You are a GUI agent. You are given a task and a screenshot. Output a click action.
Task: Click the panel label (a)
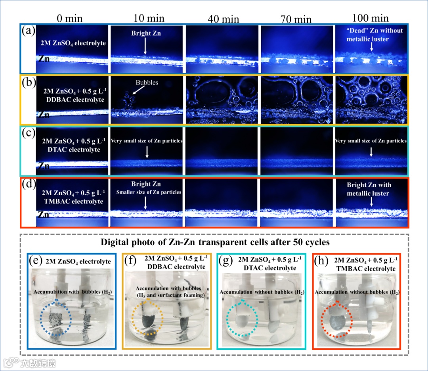pos(29,31)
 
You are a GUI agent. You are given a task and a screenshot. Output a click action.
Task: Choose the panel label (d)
pos(29,185)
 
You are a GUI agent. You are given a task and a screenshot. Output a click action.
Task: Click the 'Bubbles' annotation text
pos(147,83)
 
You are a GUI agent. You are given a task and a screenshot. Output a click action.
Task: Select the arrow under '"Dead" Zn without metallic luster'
pos(371,47)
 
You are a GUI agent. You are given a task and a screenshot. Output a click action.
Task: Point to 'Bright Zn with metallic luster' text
pos(369,189)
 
